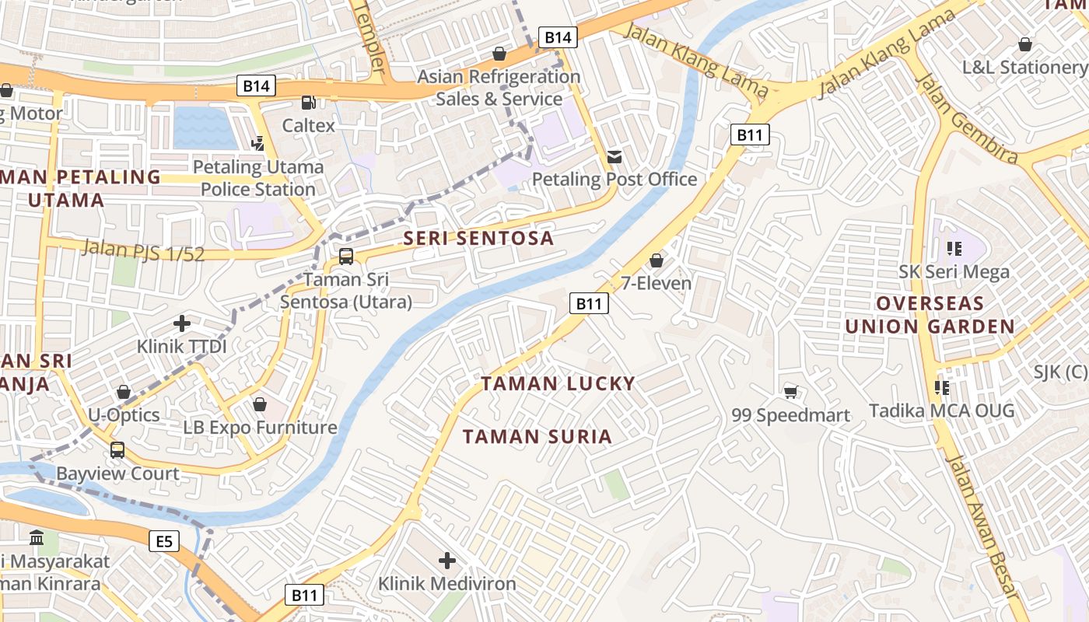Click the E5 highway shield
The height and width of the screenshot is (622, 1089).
(164, 541)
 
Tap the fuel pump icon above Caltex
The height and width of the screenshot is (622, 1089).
(309, 102)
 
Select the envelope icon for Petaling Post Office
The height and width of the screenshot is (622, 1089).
(615, 157)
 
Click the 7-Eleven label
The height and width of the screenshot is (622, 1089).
(656, 283)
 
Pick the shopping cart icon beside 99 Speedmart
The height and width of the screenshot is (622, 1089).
(791, 392)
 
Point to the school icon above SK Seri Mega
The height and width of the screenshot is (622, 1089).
(954, 249)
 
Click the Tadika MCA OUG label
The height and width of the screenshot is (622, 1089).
(941, 410)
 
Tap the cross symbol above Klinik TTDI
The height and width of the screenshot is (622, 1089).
(182, 323)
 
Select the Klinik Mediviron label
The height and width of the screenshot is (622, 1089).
(446, 583)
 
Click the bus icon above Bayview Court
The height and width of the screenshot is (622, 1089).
(117, 449)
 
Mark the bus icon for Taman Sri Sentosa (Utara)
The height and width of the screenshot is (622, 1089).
(346, 256)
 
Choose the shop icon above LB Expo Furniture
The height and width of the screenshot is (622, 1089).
(260, 404)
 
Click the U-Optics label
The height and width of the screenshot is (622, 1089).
(124, 414)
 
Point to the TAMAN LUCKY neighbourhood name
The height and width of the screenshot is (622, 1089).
(558, 383)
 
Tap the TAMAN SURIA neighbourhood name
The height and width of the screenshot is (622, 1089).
(537, 436)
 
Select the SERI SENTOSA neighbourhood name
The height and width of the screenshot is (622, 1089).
(478, 238)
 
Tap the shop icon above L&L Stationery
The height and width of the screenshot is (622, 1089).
(1025, 44)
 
